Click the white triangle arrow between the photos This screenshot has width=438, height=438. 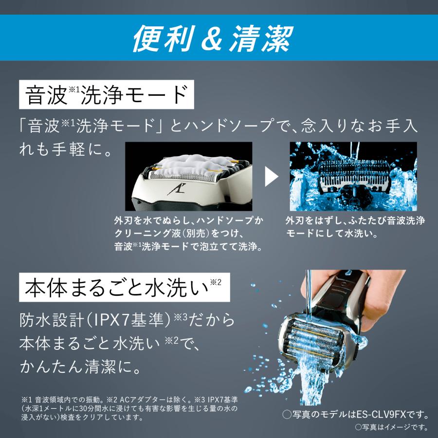(271, 177)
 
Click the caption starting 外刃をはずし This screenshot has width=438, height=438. (355, 227)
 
